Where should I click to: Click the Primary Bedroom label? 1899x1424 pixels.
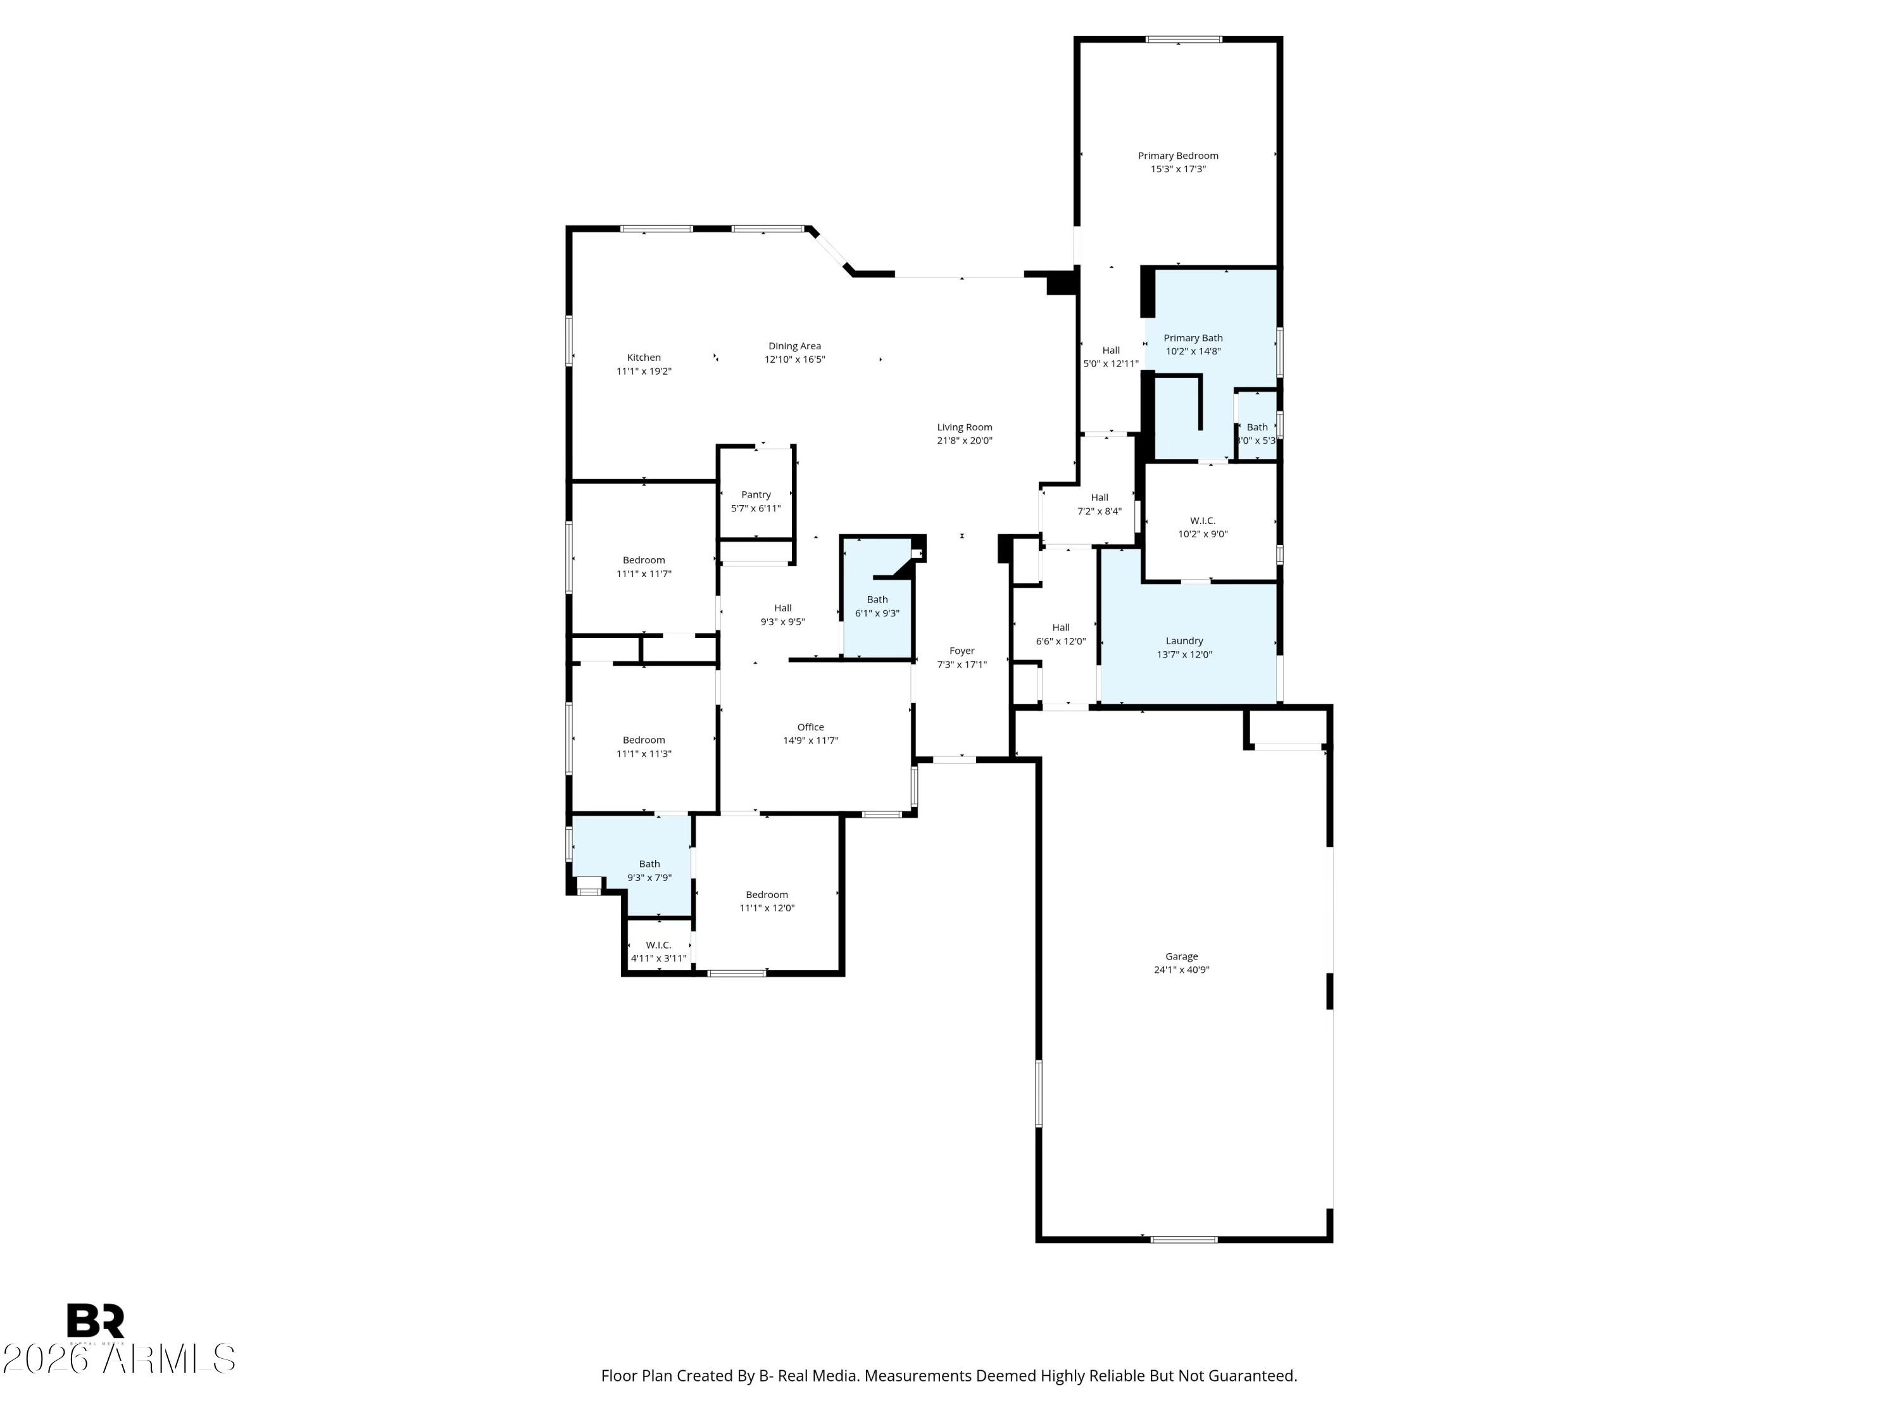[x=1178, y=155]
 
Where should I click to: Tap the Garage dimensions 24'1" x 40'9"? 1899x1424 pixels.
[x=1181, y=970]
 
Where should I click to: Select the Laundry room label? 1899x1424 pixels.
[x=1184, y=640]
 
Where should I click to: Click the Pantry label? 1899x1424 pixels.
[x=755, y=494]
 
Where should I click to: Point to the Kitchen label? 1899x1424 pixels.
[x=644, y=357]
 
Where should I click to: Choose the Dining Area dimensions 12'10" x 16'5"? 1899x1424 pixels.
[x=794, y=359]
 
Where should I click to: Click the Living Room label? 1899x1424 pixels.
[x=964, y=427]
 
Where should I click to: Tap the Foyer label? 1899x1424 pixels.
[x=962, y=651]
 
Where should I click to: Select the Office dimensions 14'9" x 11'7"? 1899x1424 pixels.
[x=810, y=740]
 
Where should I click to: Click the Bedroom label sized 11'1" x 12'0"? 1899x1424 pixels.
[x=767, y=894]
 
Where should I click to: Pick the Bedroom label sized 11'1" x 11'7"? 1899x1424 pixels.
[x=644, y=559]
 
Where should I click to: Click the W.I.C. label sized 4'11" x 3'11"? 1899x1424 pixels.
[x=658, y=945]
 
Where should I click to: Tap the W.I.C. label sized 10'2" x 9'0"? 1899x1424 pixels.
[x=1203, y=520]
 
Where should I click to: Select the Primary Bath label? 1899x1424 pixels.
[x=1193, y=337]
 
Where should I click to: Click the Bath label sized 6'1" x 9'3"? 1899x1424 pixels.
[x=877, y=599]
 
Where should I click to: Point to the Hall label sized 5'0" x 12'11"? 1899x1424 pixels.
[x=1111, y=350]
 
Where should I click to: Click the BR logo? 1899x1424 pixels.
[x=96, y=1321]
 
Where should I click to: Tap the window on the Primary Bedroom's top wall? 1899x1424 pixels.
[x=1184, y=39]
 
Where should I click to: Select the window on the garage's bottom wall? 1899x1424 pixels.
[x=1184, y=1239]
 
